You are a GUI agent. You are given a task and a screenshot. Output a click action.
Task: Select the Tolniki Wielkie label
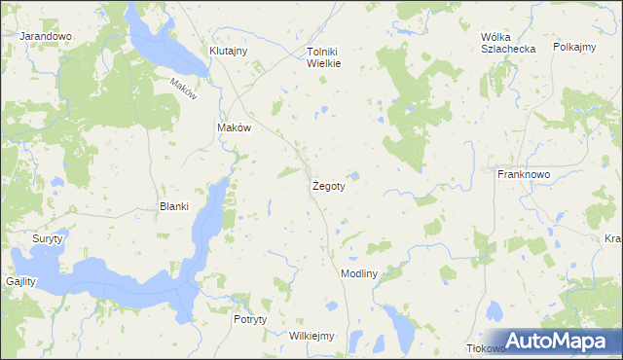click(x=322, y=57)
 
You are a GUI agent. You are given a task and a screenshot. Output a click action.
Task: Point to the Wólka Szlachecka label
click(x=502, y=44)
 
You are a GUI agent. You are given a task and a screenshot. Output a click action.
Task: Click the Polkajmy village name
click(x=573, y=46)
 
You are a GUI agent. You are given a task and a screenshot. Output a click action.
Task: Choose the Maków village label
click(x=234, y=127)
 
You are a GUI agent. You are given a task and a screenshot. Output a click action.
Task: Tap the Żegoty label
click(x=328, y=185)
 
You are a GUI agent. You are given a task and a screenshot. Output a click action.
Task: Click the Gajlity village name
click(x=19, y=281)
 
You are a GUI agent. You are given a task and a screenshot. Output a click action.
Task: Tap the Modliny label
click(x=358, y=274)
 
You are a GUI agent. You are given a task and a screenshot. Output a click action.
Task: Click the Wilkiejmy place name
click(x=311, y=336)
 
